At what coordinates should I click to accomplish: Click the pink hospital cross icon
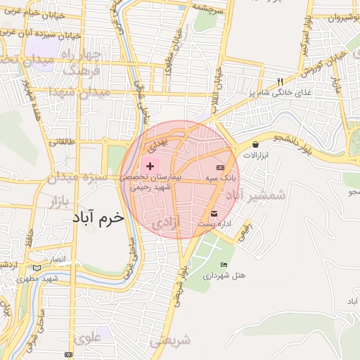(150, 166)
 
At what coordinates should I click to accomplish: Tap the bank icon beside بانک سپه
(220, 167)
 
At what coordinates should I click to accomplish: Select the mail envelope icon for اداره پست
(214, 213)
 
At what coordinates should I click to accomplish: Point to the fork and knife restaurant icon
(281, 82)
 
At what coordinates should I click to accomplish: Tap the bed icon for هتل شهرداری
(224, 264)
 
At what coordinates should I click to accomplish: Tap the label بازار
(60, 203)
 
